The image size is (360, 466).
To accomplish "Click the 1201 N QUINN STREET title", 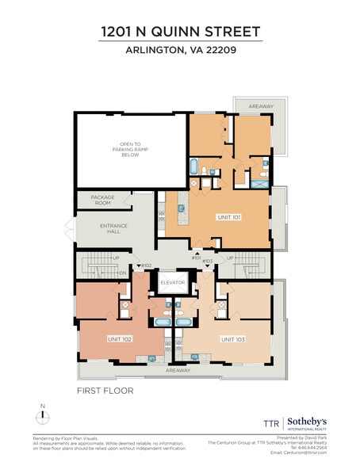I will click(180, 32).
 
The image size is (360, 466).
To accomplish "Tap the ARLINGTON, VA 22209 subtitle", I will click(180, 52).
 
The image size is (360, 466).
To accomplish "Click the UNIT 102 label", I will click(120, 338).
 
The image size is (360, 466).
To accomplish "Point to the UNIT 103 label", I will click(233, 338).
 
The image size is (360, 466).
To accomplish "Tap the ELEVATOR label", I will click(172, 282).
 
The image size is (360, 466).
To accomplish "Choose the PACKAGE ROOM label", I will click(103, 200).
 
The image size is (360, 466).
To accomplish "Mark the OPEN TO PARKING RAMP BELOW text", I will click(129, 150).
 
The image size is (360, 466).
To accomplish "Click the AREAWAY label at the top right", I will click(252, 105).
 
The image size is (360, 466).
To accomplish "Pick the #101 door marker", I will click(196, 258).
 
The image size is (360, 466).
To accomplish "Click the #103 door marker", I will click(208, 261).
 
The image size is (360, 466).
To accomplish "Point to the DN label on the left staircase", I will click(123, 273).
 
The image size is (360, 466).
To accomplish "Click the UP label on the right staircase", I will click(230, 258).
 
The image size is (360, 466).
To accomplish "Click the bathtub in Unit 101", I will click(194, 166).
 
